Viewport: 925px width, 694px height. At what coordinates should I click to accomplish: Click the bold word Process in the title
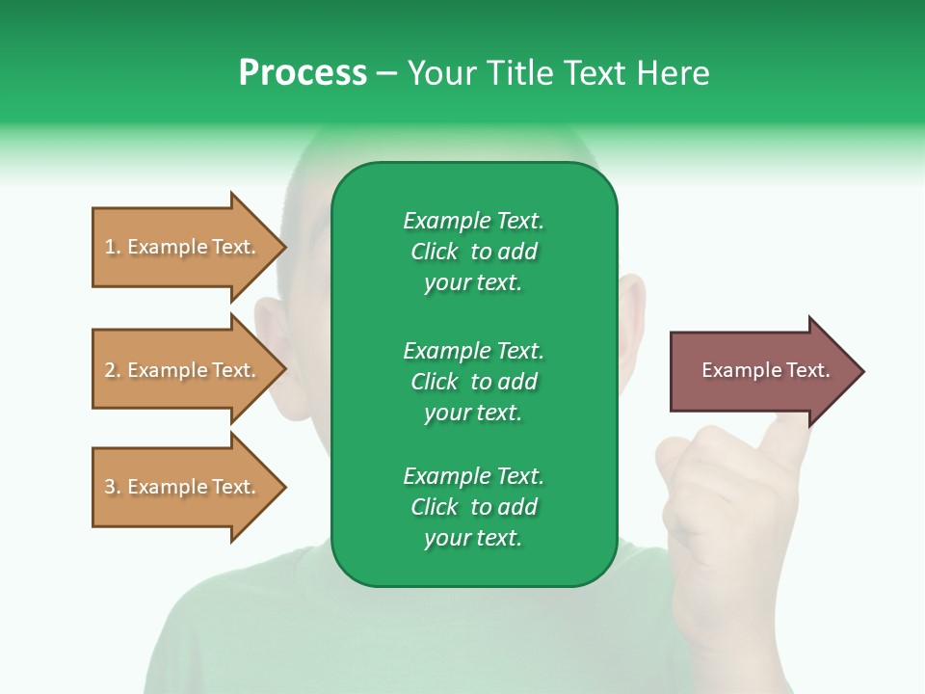303,73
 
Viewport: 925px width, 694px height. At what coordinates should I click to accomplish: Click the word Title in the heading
517,73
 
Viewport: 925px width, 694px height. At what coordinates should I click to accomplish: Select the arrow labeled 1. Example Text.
180,247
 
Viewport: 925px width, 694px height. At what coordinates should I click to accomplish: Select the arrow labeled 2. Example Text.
180,370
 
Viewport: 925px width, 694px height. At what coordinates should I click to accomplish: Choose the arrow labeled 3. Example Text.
180,487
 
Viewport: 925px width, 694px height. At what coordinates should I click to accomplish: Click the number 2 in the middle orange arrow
110,370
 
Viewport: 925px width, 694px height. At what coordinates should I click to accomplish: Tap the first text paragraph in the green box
473,252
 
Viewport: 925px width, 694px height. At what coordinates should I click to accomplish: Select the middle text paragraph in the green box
473,382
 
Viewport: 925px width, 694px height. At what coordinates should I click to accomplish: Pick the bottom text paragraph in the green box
473,507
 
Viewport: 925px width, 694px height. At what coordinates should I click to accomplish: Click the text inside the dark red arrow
766,370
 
